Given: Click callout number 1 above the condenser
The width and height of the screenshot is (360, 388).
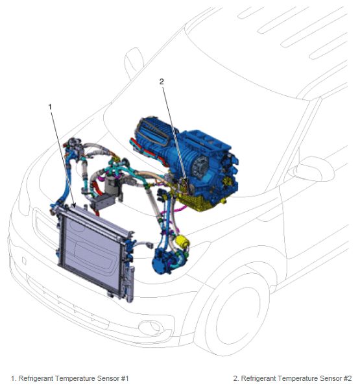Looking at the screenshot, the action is [50, 107].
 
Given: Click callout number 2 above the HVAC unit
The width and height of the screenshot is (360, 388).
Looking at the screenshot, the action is [162, 81].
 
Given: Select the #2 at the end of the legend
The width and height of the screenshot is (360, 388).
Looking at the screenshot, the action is [348, 378].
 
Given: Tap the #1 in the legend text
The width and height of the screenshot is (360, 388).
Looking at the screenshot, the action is [125, 378].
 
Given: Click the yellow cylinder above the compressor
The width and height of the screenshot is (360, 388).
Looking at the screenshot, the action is [182, 241].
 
